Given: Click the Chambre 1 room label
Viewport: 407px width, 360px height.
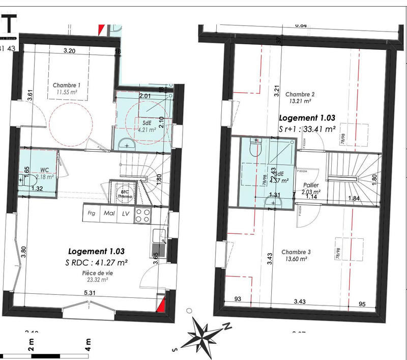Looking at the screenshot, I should [x=67, y=85].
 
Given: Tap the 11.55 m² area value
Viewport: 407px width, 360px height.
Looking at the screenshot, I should [x=67, y=93].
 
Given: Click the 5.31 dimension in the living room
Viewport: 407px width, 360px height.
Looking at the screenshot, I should [x=90, y=293].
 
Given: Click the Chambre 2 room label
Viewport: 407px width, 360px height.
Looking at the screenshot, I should [x=300, y=94].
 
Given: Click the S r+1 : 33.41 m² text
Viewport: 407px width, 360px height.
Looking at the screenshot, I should [x=307, y=129].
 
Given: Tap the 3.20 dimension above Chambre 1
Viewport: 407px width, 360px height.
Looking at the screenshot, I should [x=70, y=50].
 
